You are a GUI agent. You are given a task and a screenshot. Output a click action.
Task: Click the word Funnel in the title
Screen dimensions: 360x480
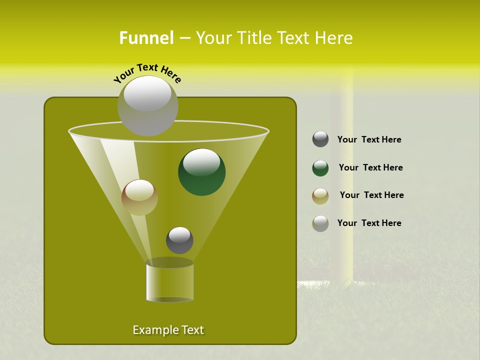tap(146, 38)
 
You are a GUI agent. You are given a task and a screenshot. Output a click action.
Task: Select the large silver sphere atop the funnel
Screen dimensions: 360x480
tap(147, 106)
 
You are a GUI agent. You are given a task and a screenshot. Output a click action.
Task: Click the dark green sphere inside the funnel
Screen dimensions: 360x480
tap(201, 172)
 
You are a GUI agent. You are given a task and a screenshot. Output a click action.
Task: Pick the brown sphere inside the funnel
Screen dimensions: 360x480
tap(139, 197)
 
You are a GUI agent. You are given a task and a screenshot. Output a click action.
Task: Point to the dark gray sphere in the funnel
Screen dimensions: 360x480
tap(179, 240)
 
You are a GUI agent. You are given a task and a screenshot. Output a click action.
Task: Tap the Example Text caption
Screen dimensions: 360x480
tap(168, 330)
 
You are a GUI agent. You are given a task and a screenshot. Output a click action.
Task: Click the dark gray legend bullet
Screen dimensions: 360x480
tap(320, 139)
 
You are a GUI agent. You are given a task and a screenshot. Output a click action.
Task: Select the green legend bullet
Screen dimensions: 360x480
tap(320, 168)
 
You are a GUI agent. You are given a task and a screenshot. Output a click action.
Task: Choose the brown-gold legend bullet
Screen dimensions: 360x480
tap(320, 196)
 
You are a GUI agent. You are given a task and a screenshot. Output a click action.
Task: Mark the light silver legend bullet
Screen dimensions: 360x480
tap(320, 223)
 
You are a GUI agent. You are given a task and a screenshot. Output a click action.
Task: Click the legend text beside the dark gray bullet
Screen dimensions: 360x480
tap(369, 140)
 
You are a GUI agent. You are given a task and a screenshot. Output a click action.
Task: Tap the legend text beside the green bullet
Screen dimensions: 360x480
tap(370, 168)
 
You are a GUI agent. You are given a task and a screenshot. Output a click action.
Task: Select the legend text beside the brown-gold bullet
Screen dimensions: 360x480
tap(371, 195)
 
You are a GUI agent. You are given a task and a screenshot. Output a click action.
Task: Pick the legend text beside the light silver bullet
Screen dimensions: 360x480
tap(369, 223)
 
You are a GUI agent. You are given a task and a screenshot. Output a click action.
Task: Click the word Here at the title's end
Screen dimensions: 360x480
tap(335, 38)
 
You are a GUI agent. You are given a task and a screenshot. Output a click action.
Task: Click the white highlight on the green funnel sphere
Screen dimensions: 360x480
tap(201, 162)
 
